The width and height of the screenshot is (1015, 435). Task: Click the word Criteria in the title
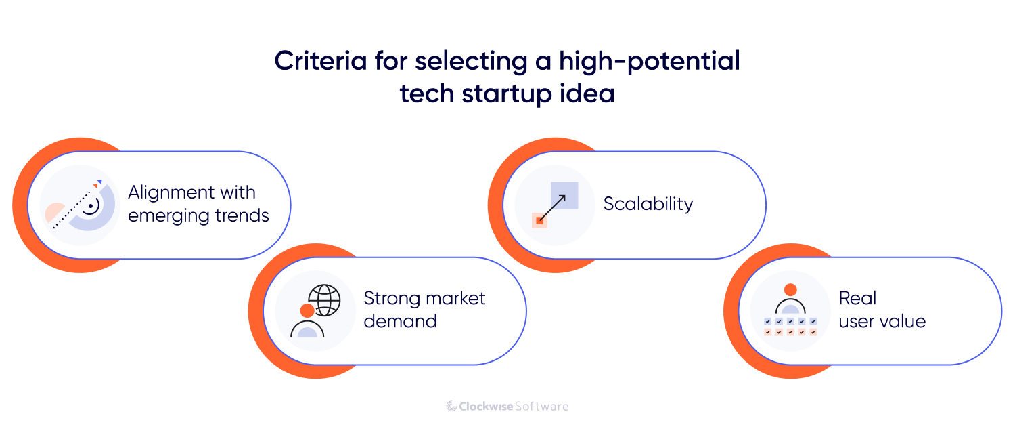(320, 61)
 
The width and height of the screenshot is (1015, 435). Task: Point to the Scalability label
(648, 204)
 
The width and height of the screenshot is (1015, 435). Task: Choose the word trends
(242, 215)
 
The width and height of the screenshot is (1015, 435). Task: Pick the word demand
(400, 321)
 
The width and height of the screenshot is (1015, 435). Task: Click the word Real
(857, 298)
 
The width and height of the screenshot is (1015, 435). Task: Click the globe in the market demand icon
(324, 300)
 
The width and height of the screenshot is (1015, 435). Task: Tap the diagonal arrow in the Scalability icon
(552, 208)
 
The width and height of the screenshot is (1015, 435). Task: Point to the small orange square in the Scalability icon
(540, 220)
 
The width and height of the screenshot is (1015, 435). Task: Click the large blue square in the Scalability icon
(564, 196)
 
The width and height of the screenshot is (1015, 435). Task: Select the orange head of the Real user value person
(790, 289)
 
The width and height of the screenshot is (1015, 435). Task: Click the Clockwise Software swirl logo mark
(451, 406)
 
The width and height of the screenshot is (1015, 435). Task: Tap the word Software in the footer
(542, 407)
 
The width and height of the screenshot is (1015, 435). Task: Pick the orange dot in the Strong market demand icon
(307, 311)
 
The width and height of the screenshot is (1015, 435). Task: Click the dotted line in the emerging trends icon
(72, 209)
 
